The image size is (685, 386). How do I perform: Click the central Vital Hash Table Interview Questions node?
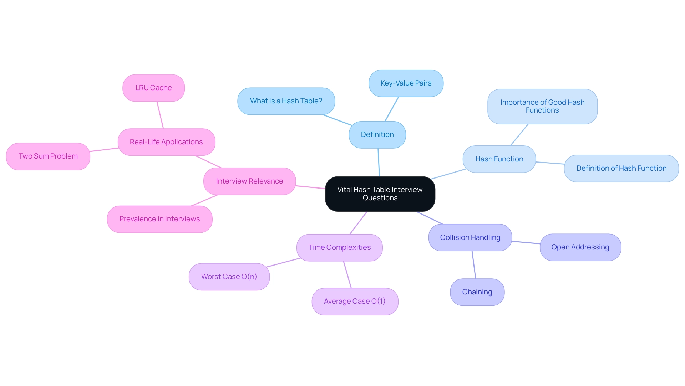pos(380,194)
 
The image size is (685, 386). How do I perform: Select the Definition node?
pos(377,135)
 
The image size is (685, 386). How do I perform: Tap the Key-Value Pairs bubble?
pos(406,83)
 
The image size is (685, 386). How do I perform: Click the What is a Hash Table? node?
pos(286,101)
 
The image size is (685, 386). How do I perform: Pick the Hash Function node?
pos(499,159)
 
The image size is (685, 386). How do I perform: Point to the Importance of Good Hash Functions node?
pos(542,107)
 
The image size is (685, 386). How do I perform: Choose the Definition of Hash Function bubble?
pos(621,169)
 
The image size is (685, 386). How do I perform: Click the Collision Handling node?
pos(470,238)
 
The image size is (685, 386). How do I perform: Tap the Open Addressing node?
pos(580,247)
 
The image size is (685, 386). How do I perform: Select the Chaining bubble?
pos(477,292)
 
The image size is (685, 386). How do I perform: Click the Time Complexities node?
pos(339,248)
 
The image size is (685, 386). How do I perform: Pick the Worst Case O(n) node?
pos(229,277)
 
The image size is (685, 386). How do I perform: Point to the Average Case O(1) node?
pos(355,302)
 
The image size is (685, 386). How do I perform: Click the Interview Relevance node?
pos(249,181)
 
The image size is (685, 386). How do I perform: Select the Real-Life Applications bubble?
pos(166,142)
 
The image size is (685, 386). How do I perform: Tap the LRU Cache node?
pos(153,88)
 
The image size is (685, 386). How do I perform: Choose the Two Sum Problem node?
pos(48,156)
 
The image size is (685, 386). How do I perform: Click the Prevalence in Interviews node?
pos(159,219)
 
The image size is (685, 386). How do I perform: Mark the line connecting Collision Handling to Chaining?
pos(474,265)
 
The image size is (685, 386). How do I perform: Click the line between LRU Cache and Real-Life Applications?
pos(160,115)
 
